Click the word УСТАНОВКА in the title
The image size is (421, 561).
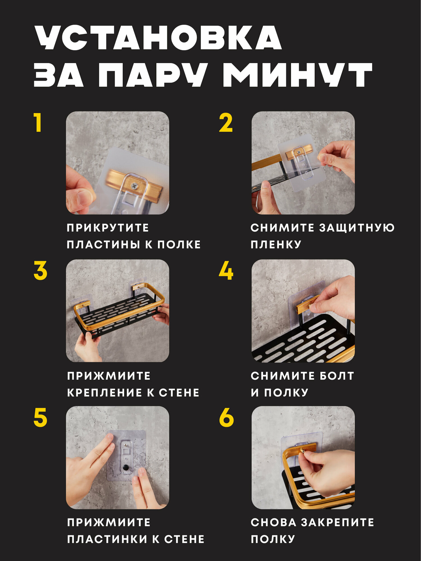pyautogui.click(x=158, y=38)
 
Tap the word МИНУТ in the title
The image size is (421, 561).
pyautogui.click(x=298, y=75)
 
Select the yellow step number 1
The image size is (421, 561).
pyautogui.click(x=38, y=123)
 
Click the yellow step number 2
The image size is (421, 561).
pyautogui.click(x=226, y=123)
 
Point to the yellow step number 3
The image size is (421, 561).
pyautogui.click(x=40, y=270)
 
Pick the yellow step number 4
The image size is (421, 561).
pyautogui.click(x=226, y=270)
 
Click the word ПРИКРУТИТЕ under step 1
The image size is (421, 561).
pyautogui.click(x=108, y=228)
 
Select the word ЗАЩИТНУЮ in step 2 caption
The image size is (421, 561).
pyautogui.click(x=357, y=228)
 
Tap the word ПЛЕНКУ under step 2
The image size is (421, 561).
pyautogui.click(x=276, y=244)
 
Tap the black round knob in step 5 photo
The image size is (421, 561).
pyautogui.click(x=126, y=468)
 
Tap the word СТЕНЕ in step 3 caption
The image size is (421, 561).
pyautogui.click(x=179, y=392)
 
